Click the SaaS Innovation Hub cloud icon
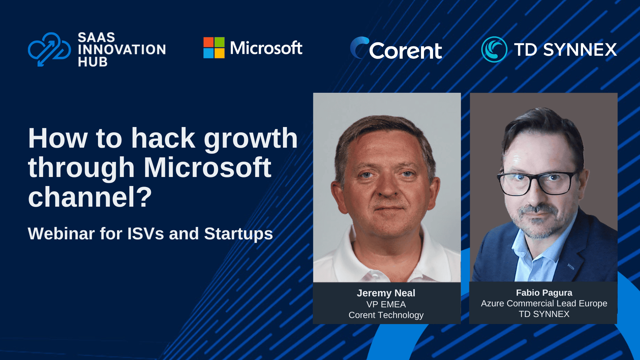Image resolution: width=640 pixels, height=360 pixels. (x=49, y=49)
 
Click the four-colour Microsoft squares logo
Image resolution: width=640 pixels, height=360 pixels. (x=214, y=48)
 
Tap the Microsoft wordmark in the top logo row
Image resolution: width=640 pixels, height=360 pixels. (x=266, y=48)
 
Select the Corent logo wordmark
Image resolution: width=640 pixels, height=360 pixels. (x=405, y=51)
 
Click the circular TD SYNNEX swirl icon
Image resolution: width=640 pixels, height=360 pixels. (x=494, y=49)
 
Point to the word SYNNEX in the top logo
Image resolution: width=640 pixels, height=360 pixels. (x=580, y=50)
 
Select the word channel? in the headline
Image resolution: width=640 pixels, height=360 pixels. (x=90, y=197)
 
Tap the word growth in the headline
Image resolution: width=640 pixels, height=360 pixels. (x=251, y=139)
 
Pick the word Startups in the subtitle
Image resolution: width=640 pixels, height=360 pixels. (x=238, y=234)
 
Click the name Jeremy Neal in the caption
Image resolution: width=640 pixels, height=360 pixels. (x=386, y=293)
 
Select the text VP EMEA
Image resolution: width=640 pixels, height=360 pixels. (x=386, y=304)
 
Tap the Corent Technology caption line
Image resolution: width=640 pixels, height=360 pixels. (x=386, y=315)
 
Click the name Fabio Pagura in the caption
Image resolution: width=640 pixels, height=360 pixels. (x=544, y=293)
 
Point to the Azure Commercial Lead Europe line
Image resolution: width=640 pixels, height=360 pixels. (x=544, y=303)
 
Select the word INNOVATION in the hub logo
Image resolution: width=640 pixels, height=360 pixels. (x=122, y=50)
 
